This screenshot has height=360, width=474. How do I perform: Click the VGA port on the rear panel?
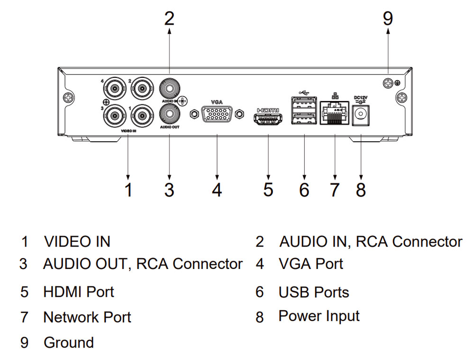coord(217,114)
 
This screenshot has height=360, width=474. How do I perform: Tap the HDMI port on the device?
coord(268,119)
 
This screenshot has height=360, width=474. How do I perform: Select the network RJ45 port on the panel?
coord(335,113)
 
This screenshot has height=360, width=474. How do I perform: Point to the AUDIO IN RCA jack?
coord(170,88)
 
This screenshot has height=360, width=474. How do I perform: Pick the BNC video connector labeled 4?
coord(114,88)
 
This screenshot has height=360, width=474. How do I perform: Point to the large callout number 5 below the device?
coord(268,190)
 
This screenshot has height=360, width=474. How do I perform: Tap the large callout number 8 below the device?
coord(361,190)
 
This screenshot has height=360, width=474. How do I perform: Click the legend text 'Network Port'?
coord(87,317)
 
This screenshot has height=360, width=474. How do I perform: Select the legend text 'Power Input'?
coord(319,316)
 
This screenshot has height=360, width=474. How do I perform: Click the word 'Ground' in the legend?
coord(69,342)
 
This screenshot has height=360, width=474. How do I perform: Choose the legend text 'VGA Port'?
coord(311,264)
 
